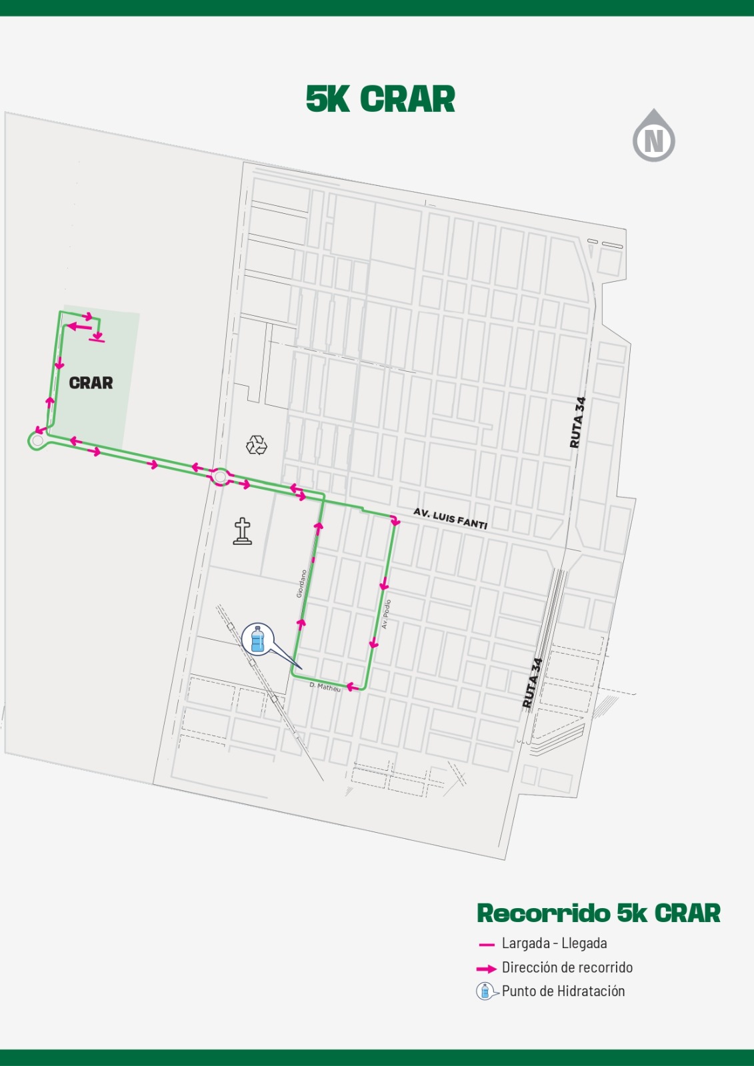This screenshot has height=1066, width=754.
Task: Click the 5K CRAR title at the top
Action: [380, 99]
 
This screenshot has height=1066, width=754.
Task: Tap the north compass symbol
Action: [653, 137]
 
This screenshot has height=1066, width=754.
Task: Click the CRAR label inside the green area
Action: [91, 383]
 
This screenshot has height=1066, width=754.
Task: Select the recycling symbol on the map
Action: [257, 444]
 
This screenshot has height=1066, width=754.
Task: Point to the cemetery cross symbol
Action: [243, 532]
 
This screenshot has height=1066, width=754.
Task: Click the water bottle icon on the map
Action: [258, 640]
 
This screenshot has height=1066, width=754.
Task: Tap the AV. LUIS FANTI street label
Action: [451, 518]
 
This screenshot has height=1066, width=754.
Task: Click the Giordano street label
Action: [301, 583]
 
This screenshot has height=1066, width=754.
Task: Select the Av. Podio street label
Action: [386, 614]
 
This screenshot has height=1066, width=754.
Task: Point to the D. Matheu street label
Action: [325, 686]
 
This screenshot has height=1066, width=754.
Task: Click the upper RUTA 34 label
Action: [578, 422]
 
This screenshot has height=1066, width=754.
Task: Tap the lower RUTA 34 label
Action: [532, 683]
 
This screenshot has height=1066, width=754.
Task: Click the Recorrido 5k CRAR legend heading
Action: [599, 913]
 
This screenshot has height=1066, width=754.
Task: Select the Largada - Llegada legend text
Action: [554, 943]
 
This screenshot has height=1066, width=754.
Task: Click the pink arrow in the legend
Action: [487, 968]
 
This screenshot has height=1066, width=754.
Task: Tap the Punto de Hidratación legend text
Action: [563, 991]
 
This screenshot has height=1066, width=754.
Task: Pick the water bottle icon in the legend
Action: [485, 991]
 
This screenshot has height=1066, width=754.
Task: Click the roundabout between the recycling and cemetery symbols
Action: [220, 477]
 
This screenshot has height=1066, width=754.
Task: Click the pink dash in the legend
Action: [487, 945]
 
